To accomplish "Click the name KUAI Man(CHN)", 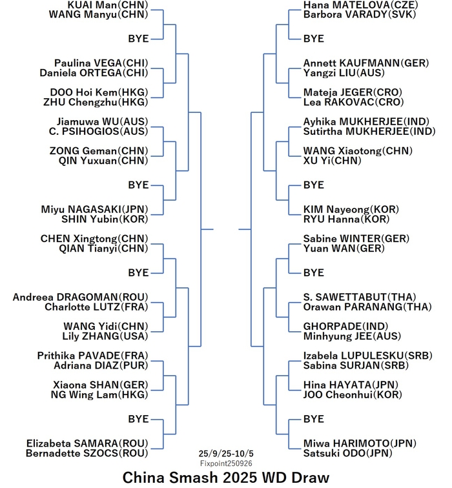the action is coord(108,5).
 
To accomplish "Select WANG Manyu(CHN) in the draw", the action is coord(98,15).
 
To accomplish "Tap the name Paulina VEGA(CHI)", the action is coord(101,63).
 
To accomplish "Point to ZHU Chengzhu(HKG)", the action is coord(96,102).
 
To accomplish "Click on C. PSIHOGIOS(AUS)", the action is coord(98,131).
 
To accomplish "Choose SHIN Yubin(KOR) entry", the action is coord(105,219).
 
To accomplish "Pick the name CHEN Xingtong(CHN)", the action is coord(94,239).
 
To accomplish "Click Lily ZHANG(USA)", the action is coord(105,336).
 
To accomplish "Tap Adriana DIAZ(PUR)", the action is coord(101,365).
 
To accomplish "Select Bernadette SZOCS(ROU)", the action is coord(87,453).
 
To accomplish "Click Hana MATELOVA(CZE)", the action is coord(361,5).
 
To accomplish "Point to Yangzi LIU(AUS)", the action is coord(344,73).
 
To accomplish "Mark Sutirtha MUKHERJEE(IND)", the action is coord(369,131).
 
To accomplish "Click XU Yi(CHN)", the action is coord(333,161).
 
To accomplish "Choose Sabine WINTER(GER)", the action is coord(356,239).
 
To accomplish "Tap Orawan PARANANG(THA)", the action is coord(367,307).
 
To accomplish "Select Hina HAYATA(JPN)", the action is coord(351,385).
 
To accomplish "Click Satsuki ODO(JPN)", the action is coord(348,453).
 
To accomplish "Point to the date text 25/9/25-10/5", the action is coord(226,453).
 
